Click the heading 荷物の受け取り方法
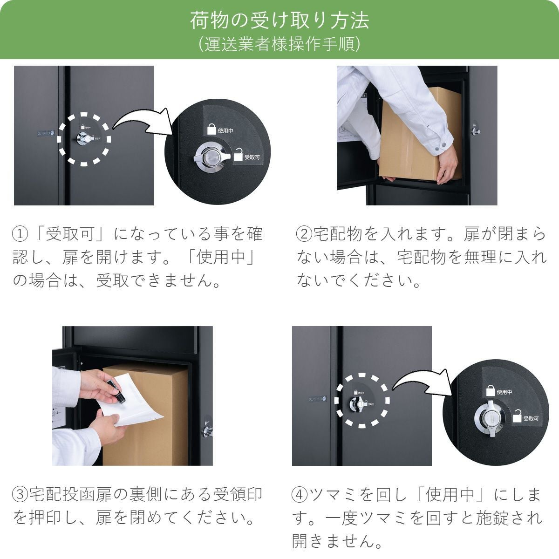pyautogui.click(x=279, y=21)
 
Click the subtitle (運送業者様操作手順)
pyautogui.click(x=279, y=44)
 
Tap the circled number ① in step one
pyautogui.click(x=20, y=233)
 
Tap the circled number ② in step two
pyautogui.click(x=305, y=233)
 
